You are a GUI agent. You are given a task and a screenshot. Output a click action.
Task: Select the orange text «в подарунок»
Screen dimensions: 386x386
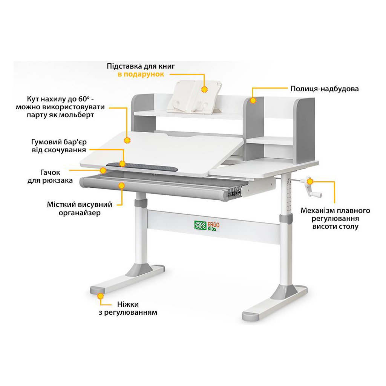point(141,74)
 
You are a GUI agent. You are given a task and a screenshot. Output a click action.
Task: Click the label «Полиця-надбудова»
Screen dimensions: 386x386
point(324,89)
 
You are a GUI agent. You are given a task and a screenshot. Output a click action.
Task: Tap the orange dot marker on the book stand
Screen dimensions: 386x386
point(205,90)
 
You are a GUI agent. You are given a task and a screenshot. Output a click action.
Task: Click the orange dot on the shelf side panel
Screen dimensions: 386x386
point(253,101)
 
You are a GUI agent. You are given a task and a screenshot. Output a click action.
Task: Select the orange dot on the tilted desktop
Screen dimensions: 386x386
point(127,140)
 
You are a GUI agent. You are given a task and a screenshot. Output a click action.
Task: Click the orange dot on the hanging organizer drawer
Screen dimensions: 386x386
point(121,185)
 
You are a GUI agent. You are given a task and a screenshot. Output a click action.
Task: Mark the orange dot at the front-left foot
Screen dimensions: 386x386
point(100,296)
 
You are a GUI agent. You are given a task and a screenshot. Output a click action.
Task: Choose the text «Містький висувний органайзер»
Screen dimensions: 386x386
point(80,209)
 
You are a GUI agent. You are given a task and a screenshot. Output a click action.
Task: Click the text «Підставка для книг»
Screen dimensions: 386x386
point(141,66)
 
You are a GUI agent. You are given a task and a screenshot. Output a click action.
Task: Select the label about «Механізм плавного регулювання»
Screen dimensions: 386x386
point(335,219)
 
